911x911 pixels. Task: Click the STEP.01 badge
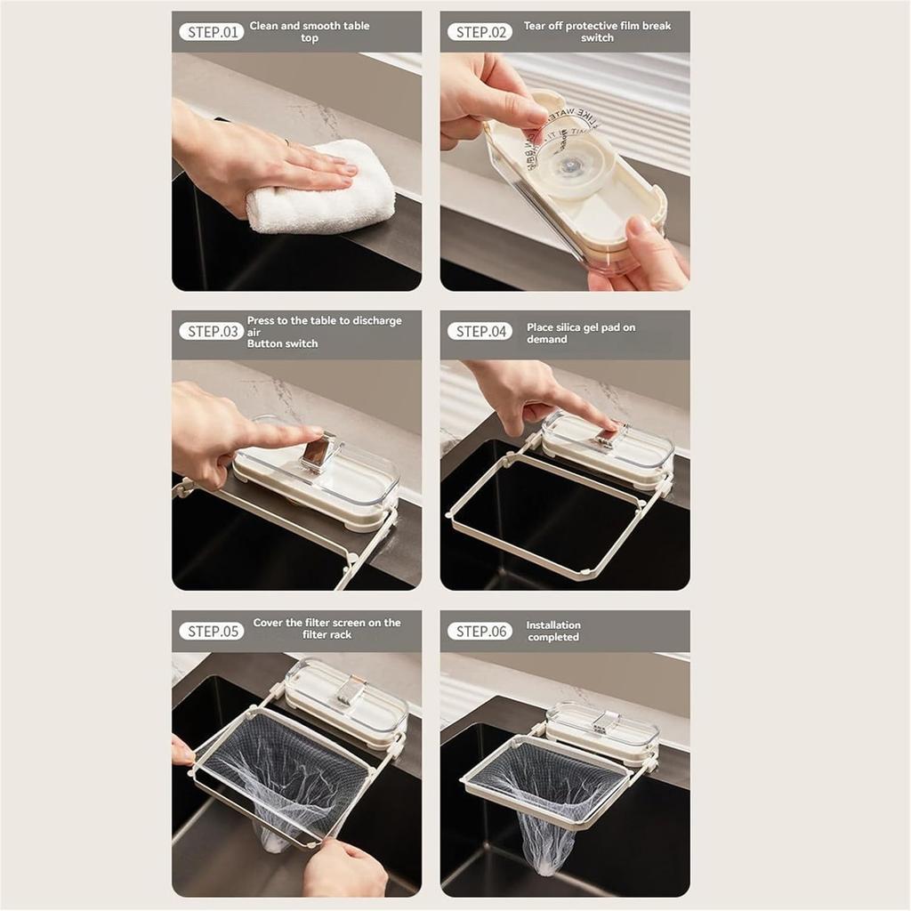(211, 32)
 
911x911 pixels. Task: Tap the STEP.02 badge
(480, 32)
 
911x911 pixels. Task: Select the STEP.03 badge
(211, 331)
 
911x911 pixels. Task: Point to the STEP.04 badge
(480, 331)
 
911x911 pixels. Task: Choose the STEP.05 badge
(211, 631)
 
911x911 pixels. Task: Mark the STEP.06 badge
(480, 631)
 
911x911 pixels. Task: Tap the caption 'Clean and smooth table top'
(309, 32)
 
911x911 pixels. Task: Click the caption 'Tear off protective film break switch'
(597, 32)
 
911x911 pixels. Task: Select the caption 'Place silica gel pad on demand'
(580, 333)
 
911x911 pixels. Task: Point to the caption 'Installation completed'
(552, 631)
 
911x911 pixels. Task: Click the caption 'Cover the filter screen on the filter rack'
(327, 628)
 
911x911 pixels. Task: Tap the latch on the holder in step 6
(606, 723)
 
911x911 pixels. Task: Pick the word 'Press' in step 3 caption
(261, 320)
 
